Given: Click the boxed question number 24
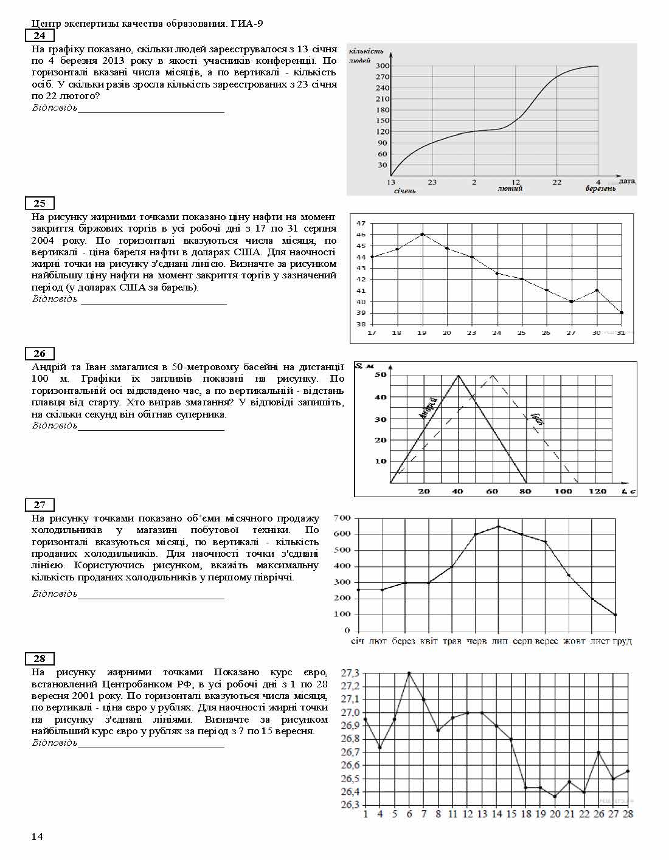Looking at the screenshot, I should tap(40, 36).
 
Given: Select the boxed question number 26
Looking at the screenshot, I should tap(40, 354).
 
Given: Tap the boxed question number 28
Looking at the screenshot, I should tap(40, 659).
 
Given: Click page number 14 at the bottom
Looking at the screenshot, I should tap(37, 838).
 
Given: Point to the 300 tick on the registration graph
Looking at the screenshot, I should tap(381, 66).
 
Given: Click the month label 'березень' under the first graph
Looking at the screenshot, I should tap(600, 189).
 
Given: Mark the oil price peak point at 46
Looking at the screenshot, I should tap(422, 234).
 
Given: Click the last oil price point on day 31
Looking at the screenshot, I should tap(622, 313).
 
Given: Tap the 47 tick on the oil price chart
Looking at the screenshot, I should tap(361, 223).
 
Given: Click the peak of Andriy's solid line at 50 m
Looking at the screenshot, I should tap(458, 375).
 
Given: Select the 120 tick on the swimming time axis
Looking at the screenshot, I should tap(598, 491).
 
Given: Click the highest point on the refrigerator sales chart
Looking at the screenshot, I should tap(499, 526).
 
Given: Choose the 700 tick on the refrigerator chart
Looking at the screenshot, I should tap(342, 518).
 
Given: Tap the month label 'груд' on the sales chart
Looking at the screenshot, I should tap(621, 641).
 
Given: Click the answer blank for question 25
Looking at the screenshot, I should tap(153, 300).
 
